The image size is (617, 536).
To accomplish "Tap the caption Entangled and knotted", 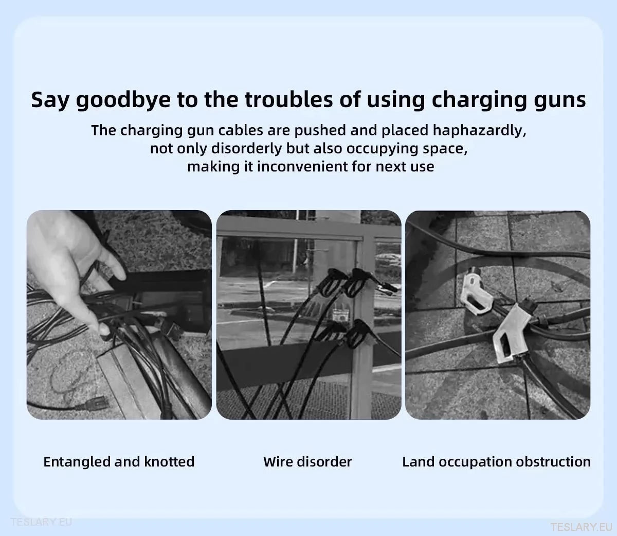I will (x=119, y=461).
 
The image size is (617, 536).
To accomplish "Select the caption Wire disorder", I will (x=307, y=461).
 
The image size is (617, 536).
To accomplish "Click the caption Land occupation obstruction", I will (x=496, y=461).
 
